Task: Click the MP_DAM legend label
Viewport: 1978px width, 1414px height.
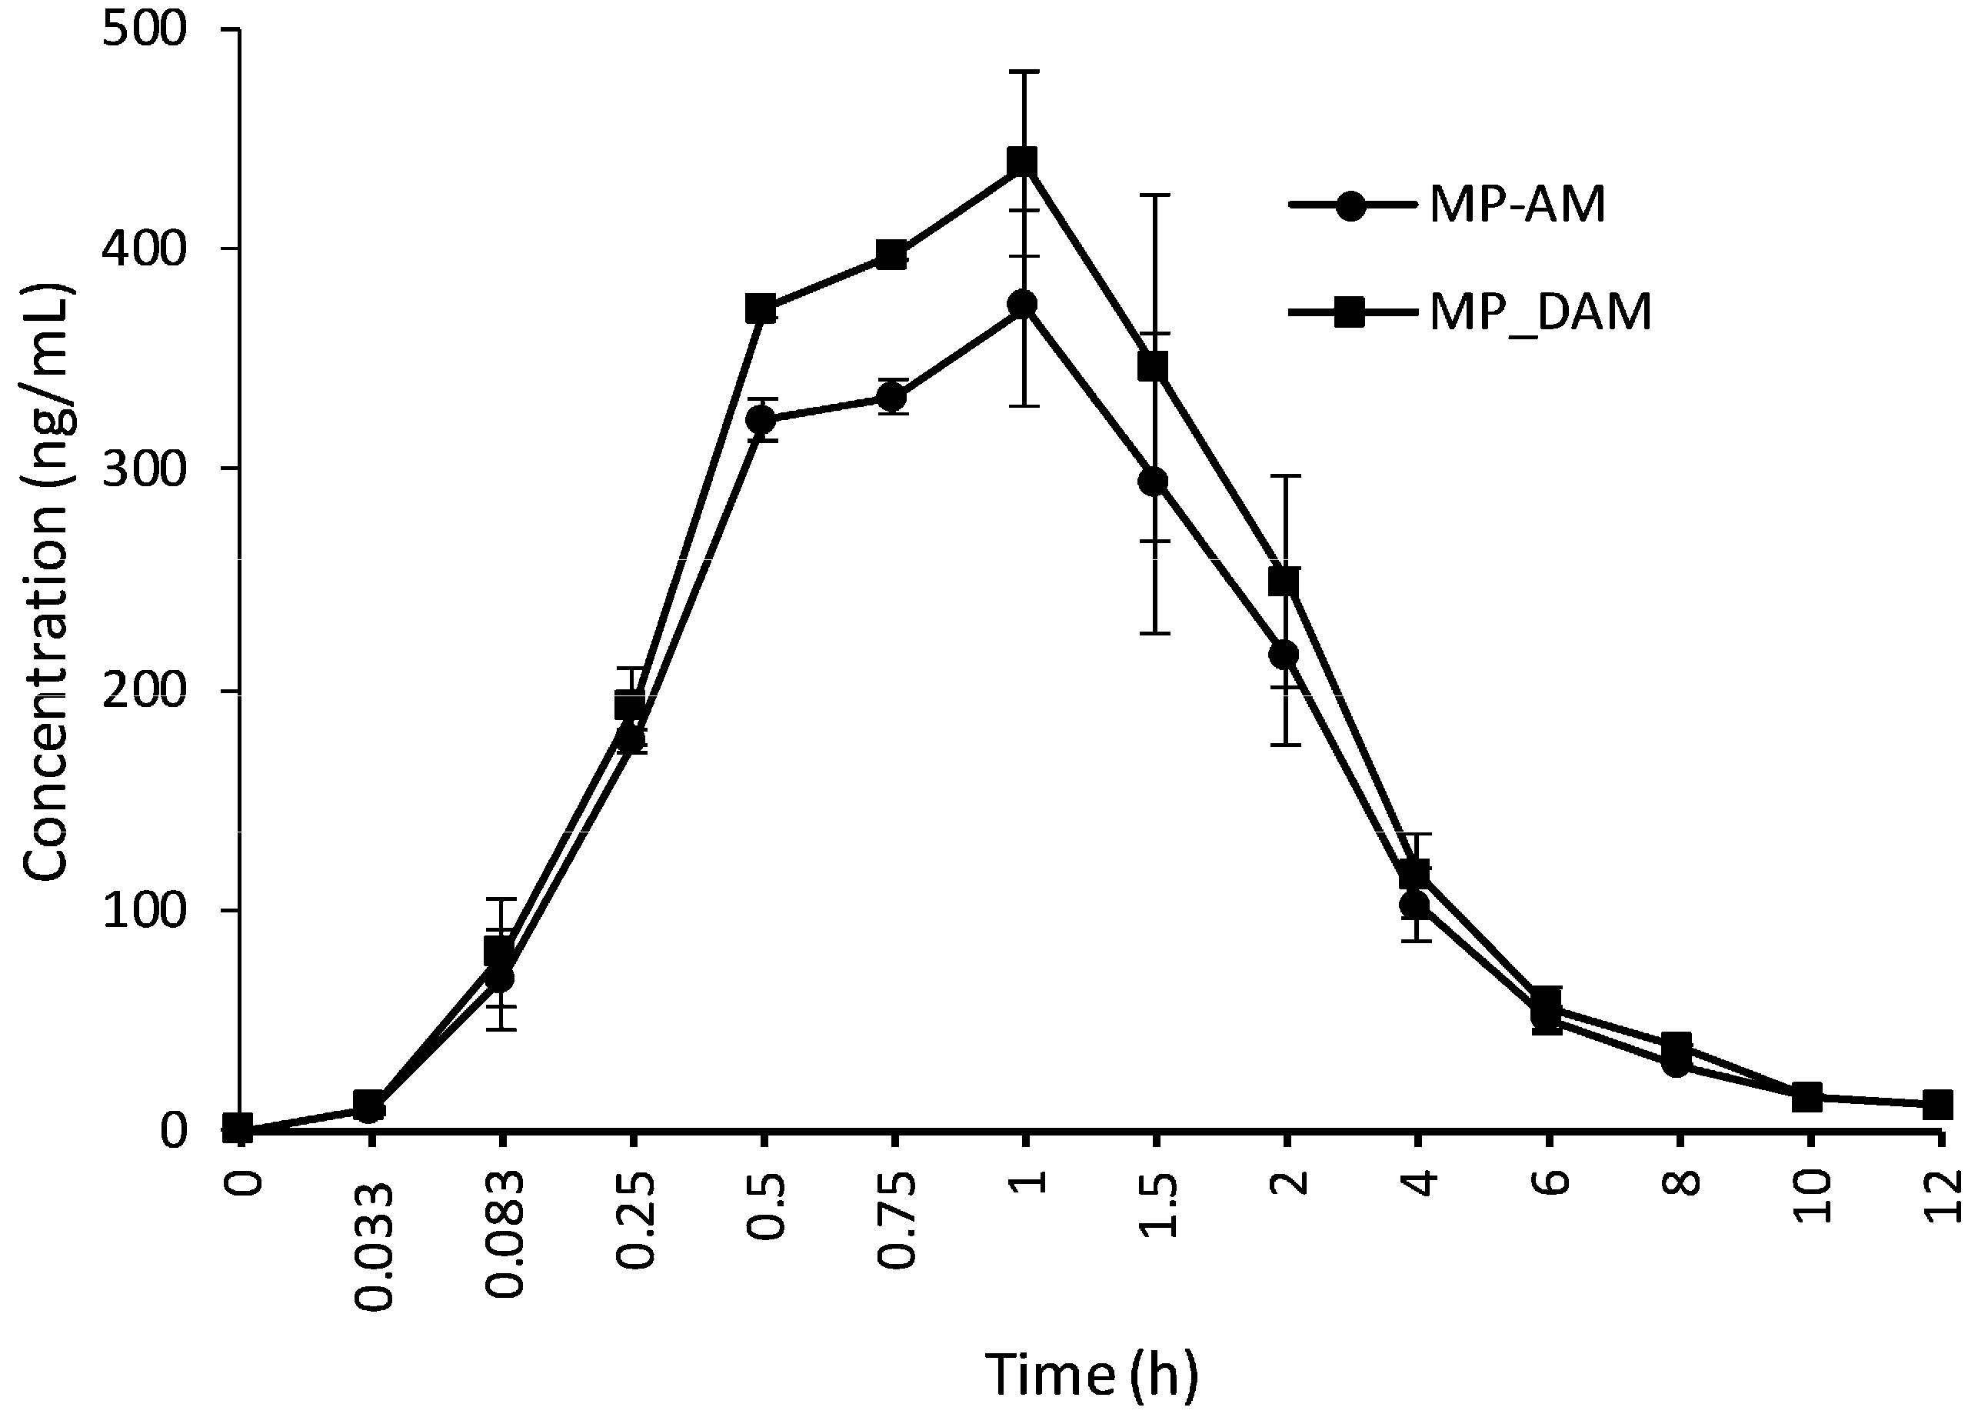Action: point(1540,312)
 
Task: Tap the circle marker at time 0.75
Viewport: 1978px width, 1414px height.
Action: point(891,398)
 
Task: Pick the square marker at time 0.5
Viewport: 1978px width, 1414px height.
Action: point(761,309)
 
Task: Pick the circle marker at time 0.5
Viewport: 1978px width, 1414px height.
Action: point(761,421)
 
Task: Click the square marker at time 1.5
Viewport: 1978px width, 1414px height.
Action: point(1153,366)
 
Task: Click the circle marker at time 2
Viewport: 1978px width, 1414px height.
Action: point(1284,654)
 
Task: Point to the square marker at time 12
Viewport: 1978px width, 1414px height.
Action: point(1937,1105)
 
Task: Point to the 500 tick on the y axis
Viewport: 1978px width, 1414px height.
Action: point(145,32)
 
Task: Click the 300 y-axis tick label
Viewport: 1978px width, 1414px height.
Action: point(145,470)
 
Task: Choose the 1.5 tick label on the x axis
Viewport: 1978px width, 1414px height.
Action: point(1157,1206)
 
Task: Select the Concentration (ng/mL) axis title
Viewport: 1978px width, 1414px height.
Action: point(45,582)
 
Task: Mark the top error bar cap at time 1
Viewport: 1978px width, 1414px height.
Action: point(1024,71)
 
